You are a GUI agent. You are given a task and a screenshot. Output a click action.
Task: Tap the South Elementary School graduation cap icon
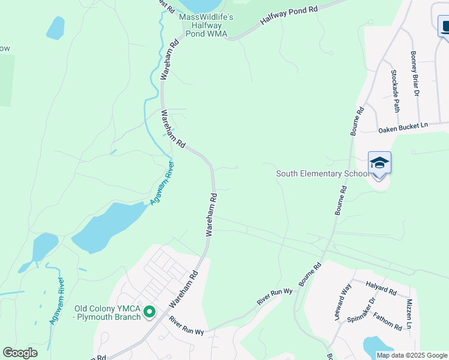[379, 163]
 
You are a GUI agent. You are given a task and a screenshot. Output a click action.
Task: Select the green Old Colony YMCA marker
[149, 313]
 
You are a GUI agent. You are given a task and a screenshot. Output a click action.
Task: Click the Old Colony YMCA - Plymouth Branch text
[108, 313]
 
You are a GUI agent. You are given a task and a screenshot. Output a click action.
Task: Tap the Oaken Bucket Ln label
[403, 125]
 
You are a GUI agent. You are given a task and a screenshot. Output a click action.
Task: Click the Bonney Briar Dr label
[414, 73]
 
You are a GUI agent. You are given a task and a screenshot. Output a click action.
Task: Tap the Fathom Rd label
[387, 322]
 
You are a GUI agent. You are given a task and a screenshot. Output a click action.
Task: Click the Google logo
[20, 353]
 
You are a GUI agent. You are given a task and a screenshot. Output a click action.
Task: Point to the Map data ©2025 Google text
[412, 355]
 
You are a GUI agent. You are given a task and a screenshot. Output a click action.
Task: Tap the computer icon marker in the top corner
[445, 26]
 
